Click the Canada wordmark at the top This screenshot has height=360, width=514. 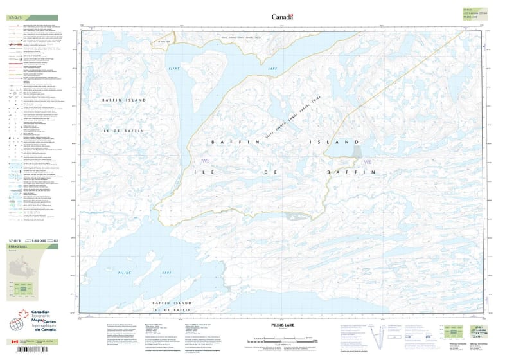[x=282, y=17]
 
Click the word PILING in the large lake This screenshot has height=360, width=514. [x=125, y=273]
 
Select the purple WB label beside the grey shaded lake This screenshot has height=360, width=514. [x=368, y=161]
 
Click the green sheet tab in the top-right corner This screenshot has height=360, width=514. [x=472, y=12]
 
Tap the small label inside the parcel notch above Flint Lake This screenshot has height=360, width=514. [x=161, y=42]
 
